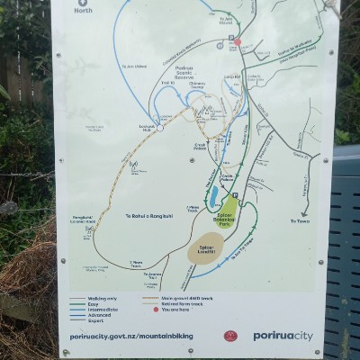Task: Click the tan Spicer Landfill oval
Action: pyautogui.click(x=206, y=251)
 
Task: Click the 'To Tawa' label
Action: pyautogui.click(x=301, y=220)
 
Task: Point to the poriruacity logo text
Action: pyautogui.click(x=283, y=336)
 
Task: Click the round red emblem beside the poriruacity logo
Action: pyautogui.click(x=230, y=336)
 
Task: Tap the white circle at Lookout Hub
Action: pyautogui.click(x=159, y=128)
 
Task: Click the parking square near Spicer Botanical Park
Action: pyautogui.click(x=233, y=194)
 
